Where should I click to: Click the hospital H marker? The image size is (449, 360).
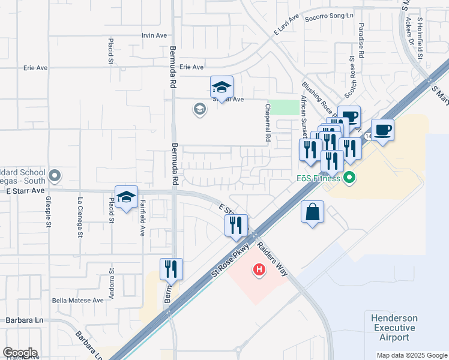click(259, 270)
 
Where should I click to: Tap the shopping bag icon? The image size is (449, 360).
click(313, 212)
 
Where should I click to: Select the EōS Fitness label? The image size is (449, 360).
click(318, 178)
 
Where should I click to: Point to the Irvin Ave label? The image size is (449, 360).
click(154, 35)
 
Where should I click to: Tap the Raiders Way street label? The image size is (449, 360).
click(273, 259)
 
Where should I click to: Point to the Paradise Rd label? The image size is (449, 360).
click(361, 40)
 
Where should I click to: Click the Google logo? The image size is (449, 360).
click(20, 353)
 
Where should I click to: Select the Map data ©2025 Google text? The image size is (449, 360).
click(411, 355)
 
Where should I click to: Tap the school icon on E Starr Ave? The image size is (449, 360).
click(127, 197)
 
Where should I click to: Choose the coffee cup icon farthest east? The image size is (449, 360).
click(382, 130)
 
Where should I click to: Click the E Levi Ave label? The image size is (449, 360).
click(287, 28)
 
